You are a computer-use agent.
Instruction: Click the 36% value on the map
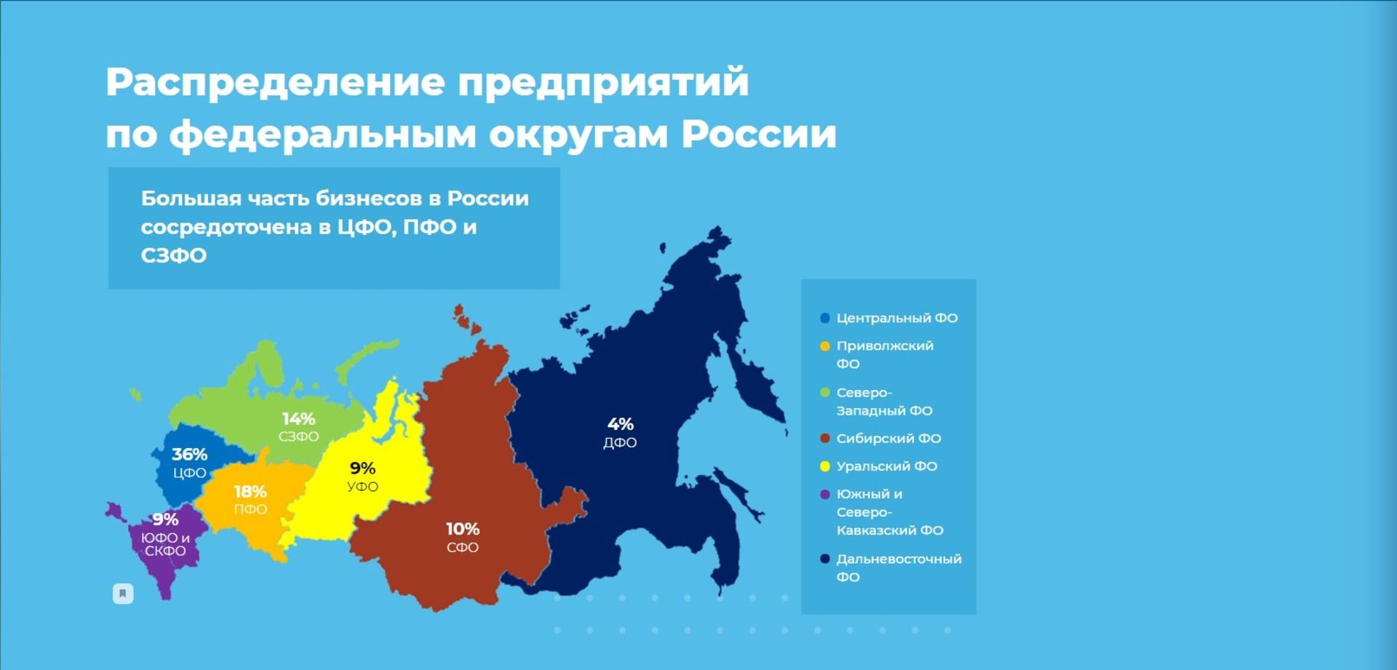click(189, 455)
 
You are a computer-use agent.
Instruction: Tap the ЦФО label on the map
click(190, 473)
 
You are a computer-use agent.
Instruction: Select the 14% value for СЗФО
click(298, 419)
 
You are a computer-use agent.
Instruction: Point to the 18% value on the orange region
click(250, 492)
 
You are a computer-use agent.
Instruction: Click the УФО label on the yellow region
click(362, 487)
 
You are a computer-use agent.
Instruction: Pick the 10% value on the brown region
click(463, 529)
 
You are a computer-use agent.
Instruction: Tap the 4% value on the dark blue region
click(621, 424)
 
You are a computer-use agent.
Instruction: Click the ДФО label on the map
click(620, 442)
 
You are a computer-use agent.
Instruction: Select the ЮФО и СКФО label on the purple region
click(165, 544)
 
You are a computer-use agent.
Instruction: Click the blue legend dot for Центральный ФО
click(825, 318)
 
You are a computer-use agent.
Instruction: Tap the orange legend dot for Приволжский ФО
click(825, 346)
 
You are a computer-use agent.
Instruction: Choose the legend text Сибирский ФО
click(888, 439)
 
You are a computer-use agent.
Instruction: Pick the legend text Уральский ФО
click(887, 466)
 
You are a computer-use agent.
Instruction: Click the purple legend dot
click(825, 495)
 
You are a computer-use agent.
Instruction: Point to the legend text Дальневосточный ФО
click(899, 567)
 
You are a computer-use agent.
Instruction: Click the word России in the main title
click(759, 134)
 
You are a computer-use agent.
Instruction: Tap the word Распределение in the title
click(275, 81)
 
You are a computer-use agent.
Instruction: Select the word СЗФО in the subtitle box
click(174, 255)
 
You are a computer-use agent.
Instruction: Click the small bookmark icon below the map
click(123, 594)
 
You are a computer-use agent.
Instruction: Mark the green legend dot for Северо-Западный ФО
click(825, 393)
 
